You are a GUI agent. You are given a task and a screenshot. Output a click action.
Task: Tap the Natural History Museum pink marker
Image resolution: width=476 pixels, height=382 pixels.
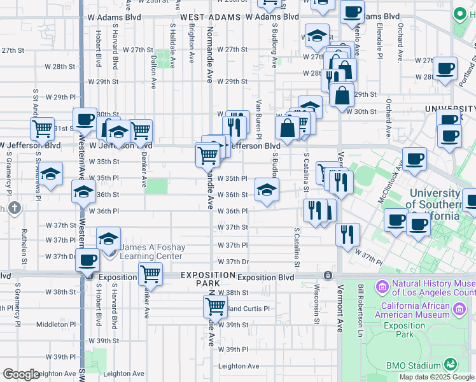pos(382,286)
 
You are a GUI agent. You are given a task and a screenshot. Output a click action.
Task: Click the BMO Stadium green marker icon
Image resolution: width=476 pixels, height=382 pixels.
pos(451,365)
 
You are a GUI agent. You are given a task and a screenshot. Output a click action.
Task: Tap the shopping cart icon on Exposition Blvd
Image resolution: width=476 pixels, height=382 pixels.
pos(150,274)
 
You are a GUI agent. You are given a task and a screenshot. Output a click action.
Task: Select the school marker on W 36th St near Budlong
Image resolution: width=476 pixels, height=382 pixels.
pos(267,189)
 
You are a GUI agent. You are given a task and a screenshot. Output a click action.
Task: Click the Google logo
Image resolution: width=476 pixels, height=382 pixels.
pos(21,374)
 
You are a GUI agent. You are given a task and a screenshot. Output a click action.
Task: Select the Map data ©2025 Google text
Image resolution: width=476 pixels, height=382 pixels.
pos(437,377)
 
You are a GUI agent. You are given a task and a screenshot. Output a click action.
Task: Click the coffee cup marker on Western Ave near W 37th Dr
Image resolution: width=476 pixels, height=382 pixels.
pos(88,260)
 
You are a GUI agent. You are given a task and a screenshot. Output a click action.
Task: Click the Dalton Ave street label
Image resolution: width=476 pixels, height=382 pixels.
pos(153,71)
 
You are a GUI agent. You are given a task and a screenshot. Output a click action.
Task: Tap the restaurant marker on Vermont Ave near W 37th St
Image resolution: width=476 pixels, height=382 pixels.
pos(347,234)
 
